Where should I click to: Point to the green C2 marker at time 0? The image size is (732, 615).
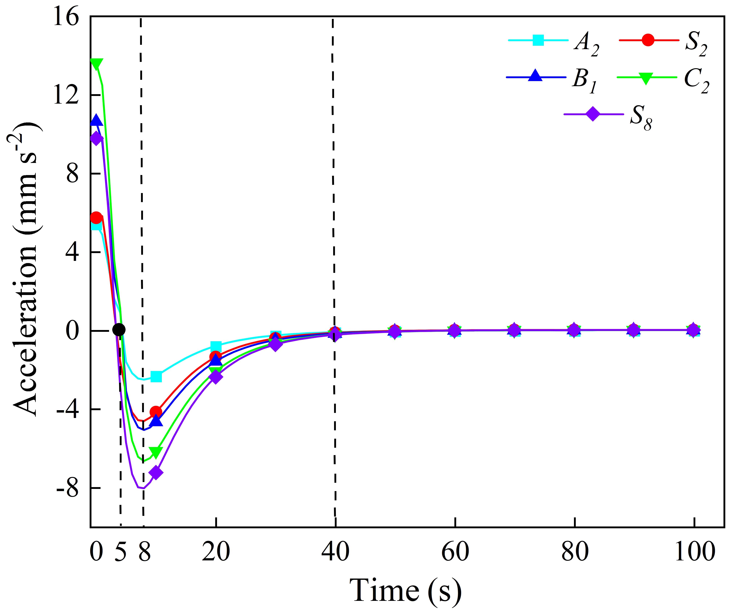96,64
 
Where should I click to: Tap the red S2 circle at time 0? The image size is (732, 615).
96,218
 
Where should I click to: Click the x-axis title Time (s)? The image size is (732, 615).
406,591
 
